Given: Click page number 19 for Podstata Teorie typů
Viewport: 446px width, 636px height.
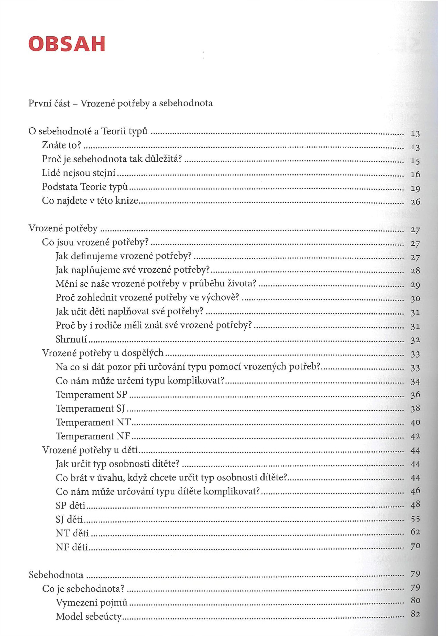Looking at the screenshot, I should point(415,189).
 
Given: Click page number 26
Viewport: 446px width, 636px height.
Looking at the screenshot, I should point(415,202).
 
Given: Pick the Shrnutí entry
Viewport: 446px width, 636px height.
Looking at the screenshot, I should point(71,339).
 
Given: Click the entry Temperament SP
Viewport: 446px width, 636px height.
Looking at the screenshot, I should point(91,394).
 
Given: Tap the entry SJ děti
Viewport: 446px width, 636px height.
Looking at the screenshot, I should point(69,519).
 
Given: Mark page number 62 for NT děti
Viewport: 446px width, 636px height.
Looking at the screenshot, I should point(415,532).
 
